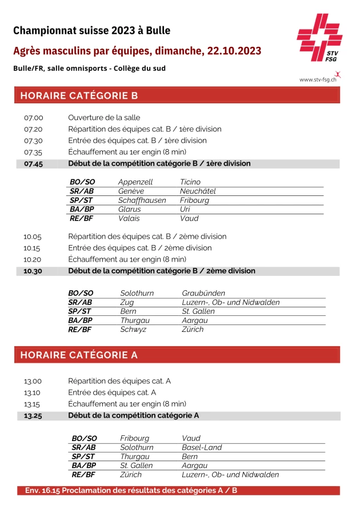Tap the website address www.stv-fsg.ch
[x=317, y=80]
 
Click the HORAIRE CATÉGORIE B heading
[x=79, y=95]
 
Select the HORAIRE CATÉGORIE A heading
[x=79, y=355]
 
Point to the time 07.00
[x=33, y=118]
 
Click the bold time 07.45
[x=33, y=163]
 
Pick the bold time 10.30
[x=33, y=271]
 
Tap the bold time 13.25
[x=33, y=415]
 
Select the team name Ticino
[x=190, y=182]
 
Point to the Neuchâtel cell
[x=198, y=191]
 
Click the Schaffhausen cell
[x=142, y=201]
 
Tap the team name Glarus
[x=130, y=210]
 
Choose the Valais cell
[x=129, y=218]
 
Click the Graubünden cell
[x=203, y=293]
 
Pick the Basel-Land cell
[x=202, y=447]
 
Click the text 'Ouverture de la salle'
[x=104, y=118]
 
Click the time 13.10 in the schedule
[x=33, y=392]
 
